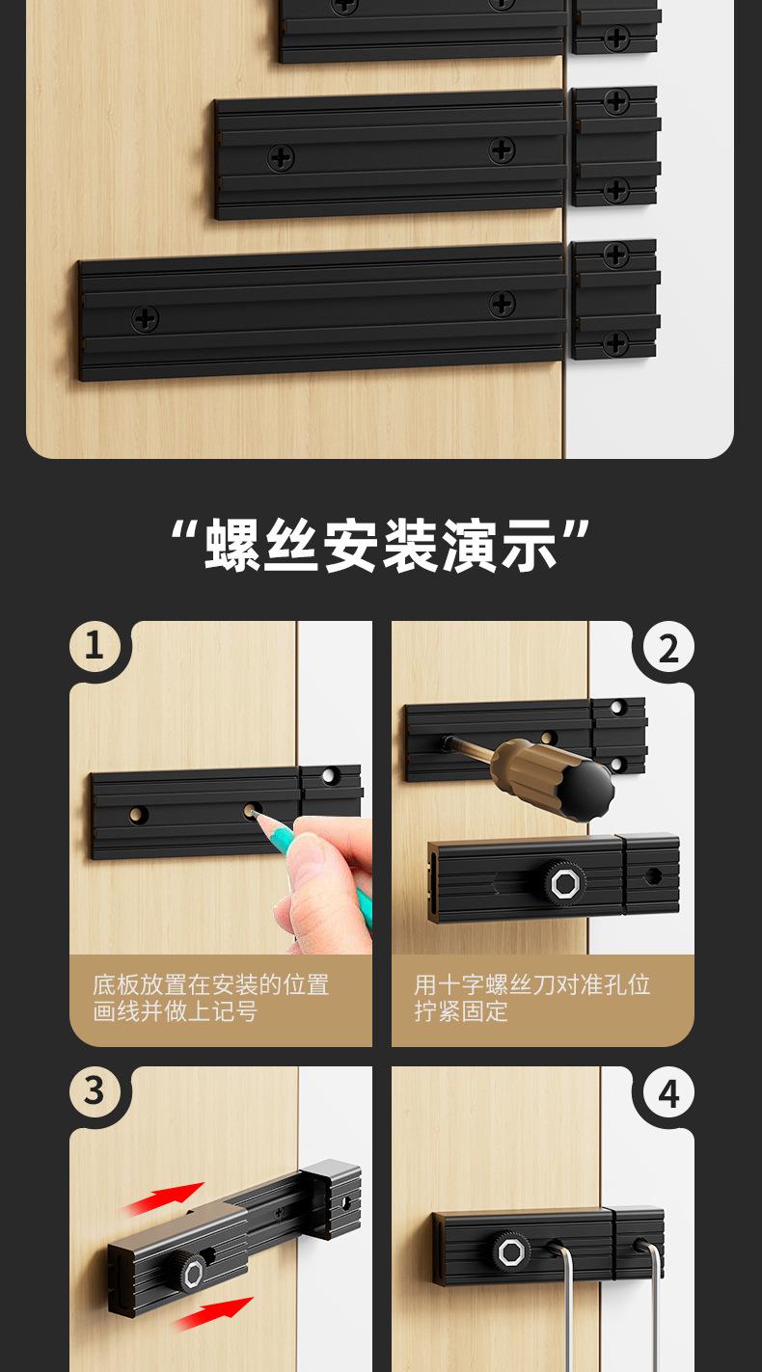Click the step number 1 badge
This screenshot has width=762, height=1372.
(x=94, y=646)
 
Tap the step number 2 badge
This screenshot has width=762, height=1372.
(x=668, y=649)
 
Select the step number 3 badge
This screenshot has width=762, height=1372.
(x=94, y=1091)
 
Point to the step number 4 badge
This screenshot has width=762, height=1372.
(x=668, y=1094)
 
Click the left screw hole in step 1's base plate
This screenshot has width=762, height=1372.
(x=139, y=815)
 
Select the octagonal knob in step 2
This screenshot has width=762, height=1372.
(x=563, y=883)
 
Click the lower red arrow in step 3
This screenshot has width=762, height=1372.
(x=214, y=1312)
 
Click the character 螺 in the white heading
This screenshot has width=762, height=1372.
(x=232, y=546)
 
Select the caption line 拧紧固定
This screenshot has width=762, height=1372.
(x=461, y=1010)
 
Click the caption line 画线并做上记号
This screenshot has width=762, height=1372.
(x=176, y=1010)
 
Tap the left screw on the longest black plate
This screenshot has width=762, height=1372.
(x=146, y=318)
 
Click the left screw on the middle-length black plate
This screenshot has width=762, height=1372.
(x=281, y=158)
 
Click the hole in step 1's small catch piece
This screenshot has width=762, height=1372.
(x=331, y=776)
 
